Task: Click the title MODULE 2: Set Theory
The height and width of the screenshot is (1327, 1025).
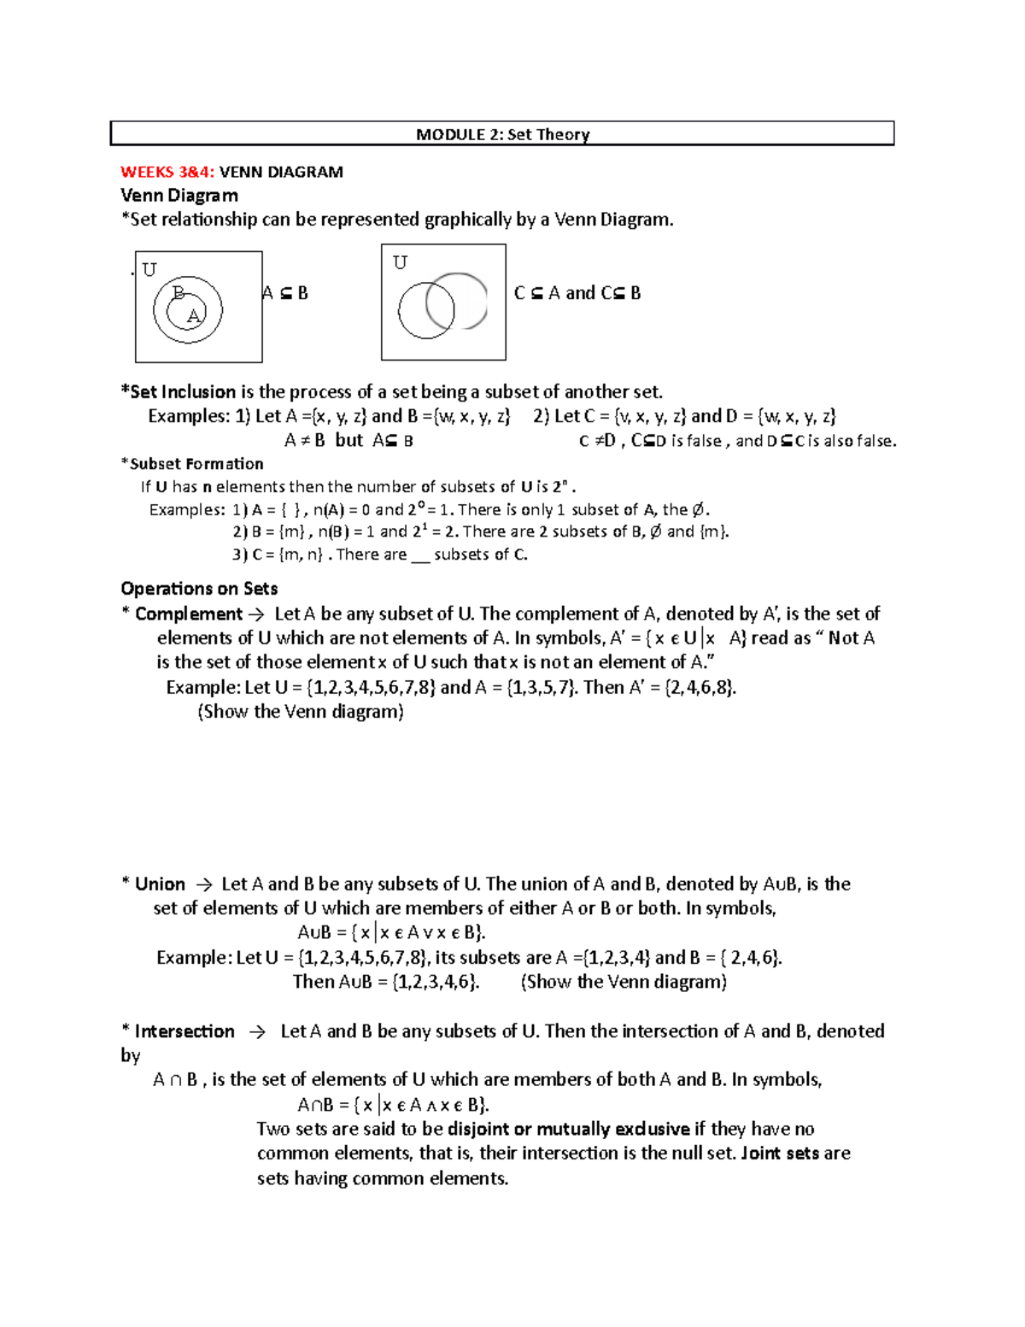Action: click(x=502, y=134)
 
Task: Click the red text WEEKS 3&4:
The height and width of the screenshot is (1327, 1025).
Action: click(x=167, y=172)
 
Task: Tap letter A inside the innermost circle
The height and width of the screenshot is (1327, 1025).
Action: click(x=193, y=315)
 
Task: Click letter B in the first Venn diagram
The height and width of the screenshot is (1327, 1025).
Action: click(x=179, y=293)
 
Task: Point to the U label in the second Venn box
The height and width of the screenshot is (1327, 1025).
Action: click(x=400, y=263)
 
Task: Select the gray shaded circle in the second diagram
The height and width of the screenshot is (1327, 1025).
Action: click(x=458, y=301)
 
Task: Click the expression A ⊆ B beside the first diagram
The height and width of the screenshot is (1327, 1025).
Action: click(x=285, y=293)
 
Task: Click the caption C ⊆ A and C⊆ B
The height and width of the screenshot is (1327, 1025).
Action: click(x=577, y=293)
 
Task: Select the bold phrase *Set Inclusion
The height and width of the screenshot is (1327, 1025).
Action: click(x=179, y=392)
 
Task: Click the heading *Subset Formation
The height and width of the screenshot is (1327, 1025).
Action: click(x=193, y=464)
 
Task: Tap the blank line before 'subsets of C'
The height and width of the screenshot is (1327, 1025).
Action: click(x=420, y=555)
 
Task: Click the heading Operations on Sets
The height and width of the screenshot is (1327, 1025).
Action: click(x=199, y=589)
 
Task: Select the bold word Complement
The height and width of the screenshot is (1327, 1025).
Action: click(x=189, y=614)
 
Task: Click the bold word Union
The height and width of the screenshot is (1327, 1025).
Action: click(x=160, y=884)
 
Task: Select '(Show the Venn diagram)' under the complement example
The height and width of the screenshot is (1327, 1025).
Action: click(x=301, y=712)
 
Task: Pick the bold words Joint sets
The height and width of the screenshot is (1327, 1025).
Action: click(x=781, y=1153)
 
